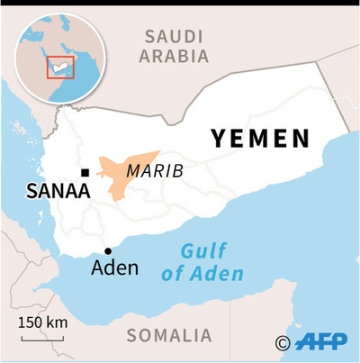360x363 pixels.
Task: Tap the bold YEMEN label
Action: [260, 139]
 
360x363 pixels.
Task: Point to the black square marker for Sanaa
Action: [84, 172]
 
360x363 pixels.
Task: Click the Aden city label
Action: [116, 268]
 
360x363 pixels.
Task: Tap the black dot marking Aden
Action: [108, 251]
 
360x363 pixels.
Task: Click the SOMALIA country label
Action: [170, 336]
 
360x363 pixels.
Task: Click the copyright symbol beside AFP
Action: [283, 342]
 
